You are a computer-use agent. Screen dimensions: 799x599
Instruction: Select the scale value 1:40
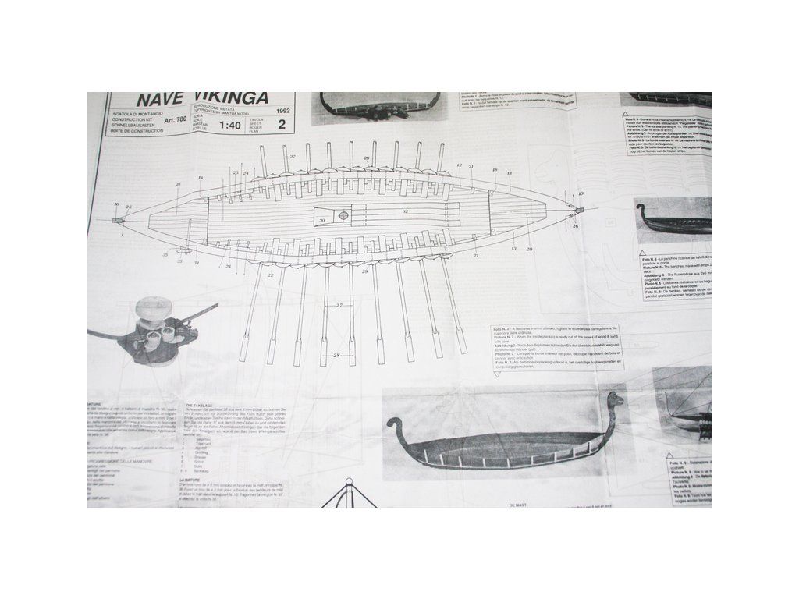[230, 124]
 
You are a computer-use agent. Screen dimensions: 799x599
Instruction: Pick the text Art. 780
[176, 120]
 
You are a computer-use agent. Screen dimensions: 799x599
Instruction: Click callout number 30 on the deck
[321, 220]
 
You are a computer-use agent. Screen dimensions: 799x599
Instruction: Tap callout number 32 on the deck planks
[405, 211]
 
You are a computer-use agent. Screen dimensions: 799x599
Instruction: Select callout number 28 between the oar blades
[336, 356]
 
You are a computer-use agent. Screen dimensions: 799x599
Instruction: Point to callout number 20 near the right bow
[529, 249]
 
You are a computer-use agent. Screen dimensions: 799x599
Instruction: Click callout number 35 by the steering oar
[165, 254]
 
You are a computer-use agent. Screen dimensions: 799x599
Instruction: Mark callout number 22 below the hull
[270, 275]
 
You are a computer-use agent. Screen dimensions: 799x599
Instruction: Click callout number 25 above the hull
[235, 172]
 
